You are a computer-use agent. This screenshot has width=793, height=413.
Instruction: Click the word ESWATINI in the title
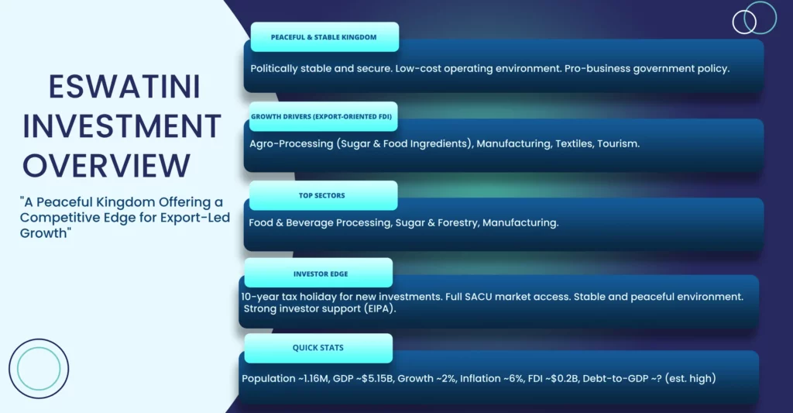click(125, 87)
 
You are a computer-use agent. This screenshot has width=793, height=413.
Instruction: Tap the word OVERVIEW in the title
click(106, 166)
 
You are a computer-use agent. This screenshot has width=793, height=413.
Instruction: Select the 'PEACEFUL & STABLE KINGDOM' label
click(324, 37)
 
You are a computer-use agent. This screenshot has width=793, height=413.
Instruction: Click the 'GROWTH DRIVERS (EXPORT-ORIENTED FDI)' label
click(321, 116)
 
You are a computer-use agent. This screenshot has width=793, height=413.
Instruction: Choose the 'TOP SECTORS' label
click(321, 195)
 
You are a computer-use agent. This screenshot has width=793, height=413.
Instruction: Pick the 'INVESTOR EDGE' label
click(321, 274)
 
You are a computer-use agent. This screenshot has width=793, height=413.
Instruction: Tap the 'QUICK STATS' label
click(318, 348)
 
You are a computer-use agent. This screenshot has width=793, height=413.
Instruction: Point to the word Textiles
click(574, 144)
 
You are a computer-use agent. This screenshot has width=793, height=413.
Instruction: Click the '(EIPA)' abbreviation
click(379, 308)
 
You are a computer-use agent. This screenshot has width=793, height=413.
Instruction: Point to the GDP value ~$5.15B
click(377, 379)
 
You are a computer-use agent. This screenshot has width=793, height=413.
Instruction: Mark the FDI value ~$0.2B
click(562, 379)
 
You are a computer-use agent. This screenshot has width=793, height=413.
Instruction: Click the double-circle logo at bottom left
click(39, 339)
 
